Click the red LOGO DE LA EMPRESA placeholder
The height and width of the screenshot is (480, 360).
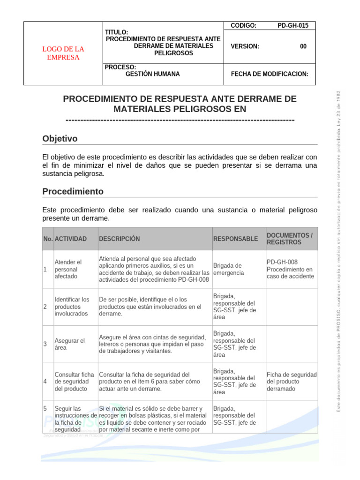pos(63,53)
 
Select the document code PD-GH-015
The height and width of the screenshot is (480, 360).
pos(293,26)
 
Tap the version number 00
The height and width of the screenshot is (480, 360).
pos(303,46)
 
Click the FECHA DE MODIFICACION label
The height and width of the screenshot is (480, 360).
pos(270,74)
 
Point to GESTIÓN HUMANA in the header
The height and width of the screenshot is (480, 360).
pos(152,74)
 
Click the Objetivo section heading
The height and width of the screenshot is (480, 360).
pos(60,139)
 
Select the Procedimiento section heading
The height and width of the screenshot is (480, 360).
pos(73,191)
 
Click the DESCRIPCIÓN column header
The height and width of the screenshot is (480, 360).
pos(120,239)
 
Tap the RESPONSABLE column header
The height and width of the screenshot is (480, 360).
pos(235,239)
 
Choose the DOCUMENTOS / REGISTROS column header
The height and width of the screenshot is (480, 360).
pos(289,239)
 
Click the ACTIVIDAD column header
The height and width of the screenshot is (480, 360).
pos(71,239)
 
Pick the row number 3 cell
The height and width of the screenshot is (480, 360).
pos(45,344)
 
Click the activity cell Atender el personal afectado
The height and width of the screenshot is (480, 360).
pos(68,270)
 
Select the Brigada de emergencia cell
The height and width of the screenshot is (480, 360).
pos(228,269)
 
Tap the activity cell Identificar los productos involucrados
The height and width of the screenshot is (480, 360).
pos(72,307)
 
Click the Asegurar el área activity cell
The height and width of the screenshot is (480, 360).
pos(70,344)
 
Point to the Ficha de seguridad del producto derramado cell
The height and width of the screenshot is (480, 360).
pos(292,382)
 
